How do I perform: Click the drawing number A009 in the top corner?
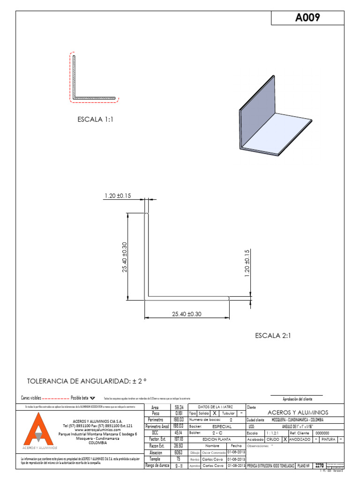(x=307, y=18)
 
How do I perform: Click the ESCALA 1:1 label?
(x=96, y=120)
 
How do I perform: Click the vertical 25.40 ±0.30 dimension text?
(x=124, y=259)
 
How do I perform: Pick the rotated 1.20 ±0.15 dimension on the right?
(x=247, y=263)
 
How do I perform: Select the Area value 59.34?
(x=178, y=407)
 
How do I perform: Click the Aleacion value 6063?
(x=178, y=453)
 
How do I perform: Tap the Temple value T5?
(x=178, y=459)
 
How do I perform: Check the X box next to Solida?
(x=214, y=413)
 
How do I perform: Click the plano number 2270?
(x=319, y=465)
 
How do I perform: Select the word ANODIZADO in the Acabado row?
(x=301, y=440)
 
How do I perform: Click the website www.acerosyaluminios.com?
(x=97, y=430)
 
